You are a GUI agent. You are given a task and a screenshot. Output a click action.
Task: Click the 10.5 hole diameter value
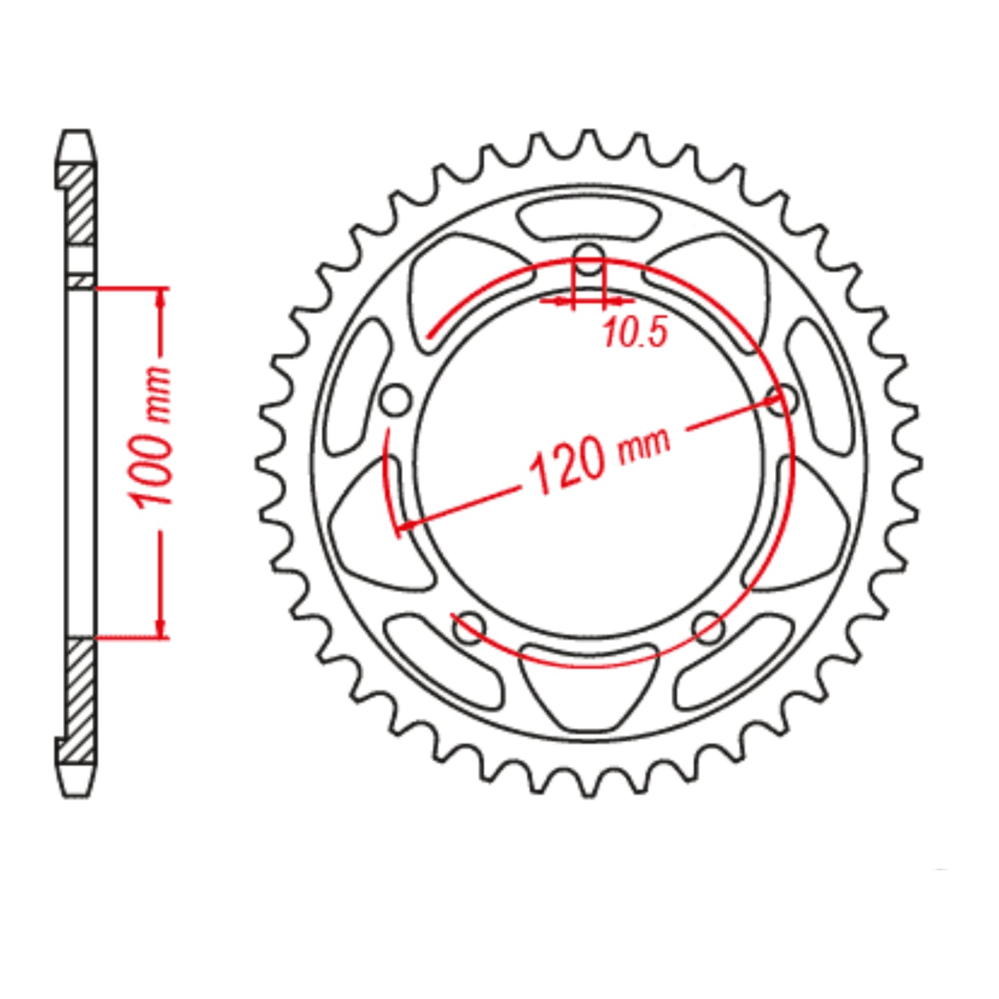[x=635, y=333]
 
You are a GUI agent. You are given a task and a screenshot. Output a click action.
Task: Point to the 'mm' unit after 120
[x=645, y=445]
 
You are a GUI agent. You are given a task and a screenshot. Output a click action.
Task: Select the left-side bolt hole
[x=396, y=400]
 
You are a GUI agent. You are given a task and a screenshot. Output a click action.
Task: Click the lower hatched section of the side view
[x=79, y=698]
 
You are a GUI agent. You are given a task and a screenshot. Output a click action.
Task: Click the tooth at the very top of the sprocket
[x=588, y=136]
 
